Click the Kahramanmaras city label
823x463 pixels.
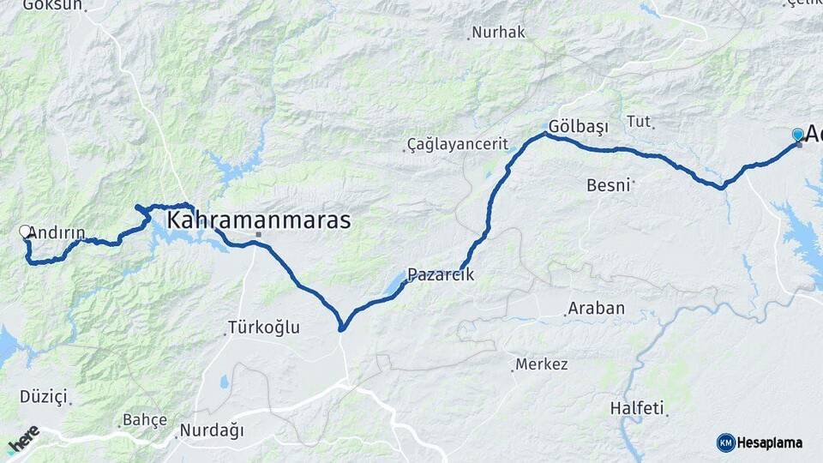tap(258, 220)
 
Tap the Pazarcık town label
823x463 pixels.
tap(440, 275)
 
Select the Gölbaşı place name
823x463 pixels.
tap(579, 127)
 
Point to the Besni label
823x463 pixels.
tap(609, 184)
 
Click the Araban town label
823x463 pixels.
tap(596, 309)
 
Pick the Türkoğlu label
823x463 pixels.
tap(263, 328)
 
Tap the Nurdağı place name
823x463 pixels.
tap(212, 430)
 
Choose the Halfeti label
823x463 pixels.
tap(637, 408)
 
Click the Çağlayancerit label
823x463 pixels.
tap(458, 144)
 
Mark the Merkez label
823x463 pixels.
tap(541, 364)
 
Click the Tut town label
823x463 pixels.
tap(639, 121)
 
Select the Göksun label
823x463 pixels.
tap(51, 5)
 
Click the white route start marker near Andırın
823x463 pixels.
tap(26, 231)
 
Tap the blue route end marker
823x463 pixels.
tap(798, 135)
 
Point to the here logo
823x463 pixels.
tap(23, 439)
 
